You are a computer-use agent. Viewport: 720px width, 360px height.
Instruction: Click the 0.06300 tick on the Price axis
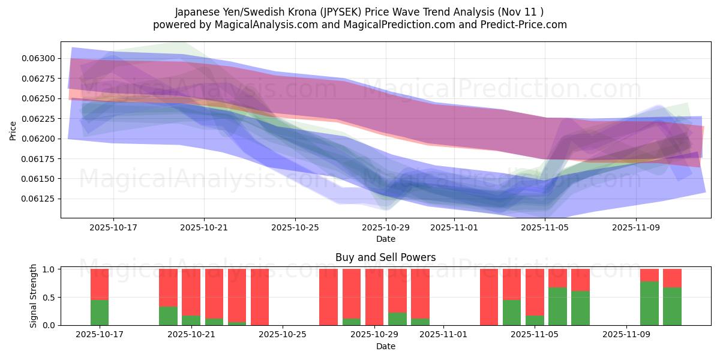coord(38,58)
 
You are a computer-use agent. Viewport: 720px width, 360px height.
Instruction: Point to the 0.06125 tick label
coord(38,199)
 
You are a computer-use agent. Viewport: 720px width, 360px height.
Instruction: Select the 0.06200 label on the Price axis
coord(38,139)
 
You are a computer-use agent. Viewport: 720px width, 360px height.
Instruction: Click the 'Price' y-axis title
coord(13,130)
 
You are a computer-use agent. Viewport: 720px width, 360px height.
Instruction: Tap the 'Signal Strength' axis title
coord(34,296)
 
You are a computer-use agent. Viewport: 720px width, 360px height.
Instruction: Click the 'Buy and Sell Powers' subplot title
coord(385,257)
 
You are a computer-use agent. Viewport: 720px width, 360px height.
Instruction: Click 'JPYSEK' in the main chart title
coord(349,12)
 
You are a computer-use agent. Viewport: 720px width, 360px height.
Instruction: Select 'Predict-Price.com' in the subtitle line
coord(526,25)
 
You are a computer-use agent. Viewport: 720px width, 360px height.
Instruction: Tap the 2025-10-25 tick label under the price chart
coord(295,227)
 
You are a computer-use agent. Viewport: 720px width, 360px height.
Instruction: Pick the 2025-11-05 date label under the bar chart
coord(534,334)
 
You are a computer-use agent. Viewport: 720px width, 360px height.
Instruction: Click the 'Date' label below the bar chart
coord(385,346)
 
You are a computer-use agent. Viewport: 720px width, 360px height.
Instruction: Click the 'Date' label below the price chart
coord(385,239)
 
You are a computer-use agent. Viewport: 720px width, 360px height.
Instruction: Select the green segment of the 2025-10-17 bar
coord(100,313)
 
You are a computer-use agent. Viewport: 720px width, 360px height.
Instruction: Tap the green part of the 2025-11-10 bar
coord(649,304)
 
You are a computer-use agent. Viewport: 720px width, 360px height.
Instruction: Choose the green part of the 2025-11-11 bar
coord(672,307)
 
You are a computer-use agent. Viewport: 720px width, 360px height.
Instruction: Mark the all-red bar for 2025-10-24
coord(260,297)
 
